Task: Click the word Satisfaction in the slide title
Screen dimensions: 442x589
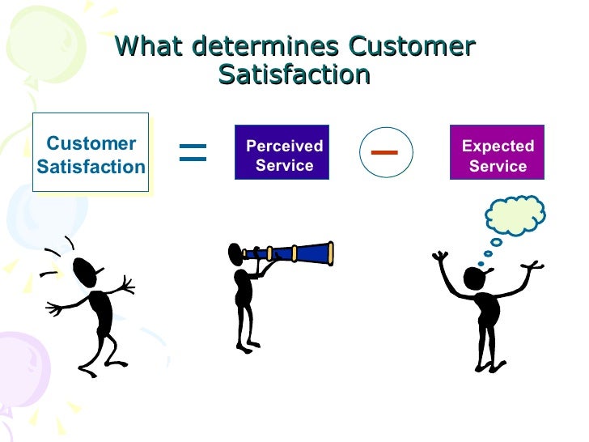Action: click(x=294, y=74)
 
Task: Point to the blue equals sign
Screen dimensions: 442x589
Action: click(x=193, y=151)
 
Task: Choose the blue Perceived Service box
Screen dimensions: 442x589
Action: click(x=282, y=153)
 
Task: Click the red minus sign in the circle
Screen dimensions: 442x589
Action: click(x=385, y=151)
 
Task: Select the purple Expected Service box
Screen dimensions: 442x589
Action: click(x=498, y=153)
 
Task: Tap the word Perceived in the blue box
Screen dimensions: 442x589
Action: click(x=284, y=146)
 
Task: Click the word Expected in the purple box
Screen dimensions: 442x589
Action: click(x=498, y=146)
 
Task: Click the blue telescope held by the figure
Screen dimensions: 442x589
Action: click(x=295, y=253)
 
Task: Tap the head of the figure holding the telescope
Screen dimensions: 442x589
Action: click(x=237, y=256)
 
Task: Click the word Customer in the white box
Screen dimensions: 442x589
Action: click(x=91, y=144)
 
